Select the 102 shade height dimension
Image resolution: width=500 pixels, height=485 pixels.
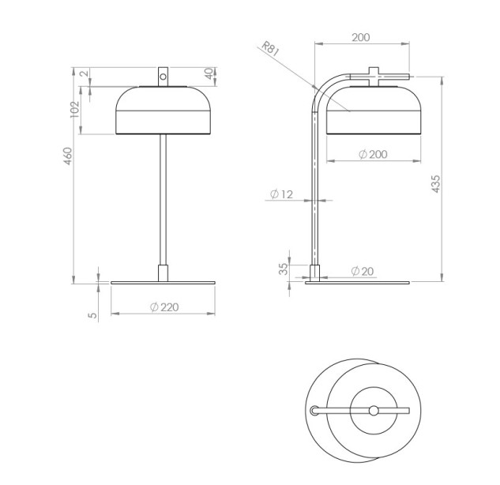(x=74, y=109)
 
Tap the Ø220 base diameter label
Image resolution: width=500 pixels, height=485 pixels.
(x=164, y=307)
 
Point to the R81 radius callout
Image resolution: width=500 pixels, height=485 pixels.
(x=270, y=49)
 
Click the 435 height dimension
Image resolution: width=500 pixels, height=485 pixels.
(x=435, y=184)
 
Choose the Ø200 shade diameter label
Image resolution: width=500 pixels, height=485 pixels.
(x=373, y=154)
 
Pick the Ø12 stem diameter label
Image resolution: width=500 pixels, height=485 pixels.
(x=281, y=194)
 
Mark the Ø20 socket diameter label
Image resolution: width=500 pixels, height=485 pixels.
(x=363, y=272)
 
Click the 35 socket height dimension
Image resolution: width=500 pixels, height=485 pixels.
(x=284, y=269)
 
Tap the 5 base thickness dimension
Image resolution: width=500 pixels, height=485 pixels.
(x=92, y=315)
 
